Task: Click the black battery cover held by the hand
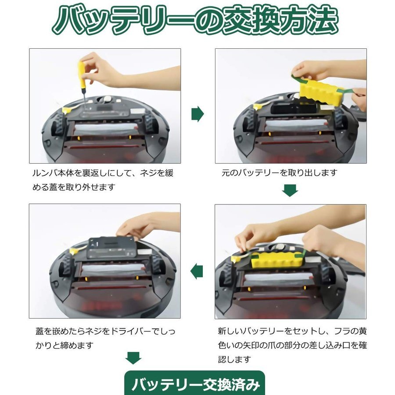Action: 111,248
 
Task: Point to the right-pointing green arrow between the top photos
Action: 197,114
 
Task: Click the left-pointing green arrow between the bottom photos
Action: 197,272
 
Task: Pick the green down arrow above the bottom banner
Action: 133,358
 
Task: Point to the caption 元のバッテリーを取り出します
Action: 280,173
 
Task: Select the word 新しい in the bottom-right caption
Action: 230,331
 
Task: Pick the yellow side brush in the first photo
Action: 68,110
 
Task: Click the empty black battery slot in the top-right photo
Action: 294,109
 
